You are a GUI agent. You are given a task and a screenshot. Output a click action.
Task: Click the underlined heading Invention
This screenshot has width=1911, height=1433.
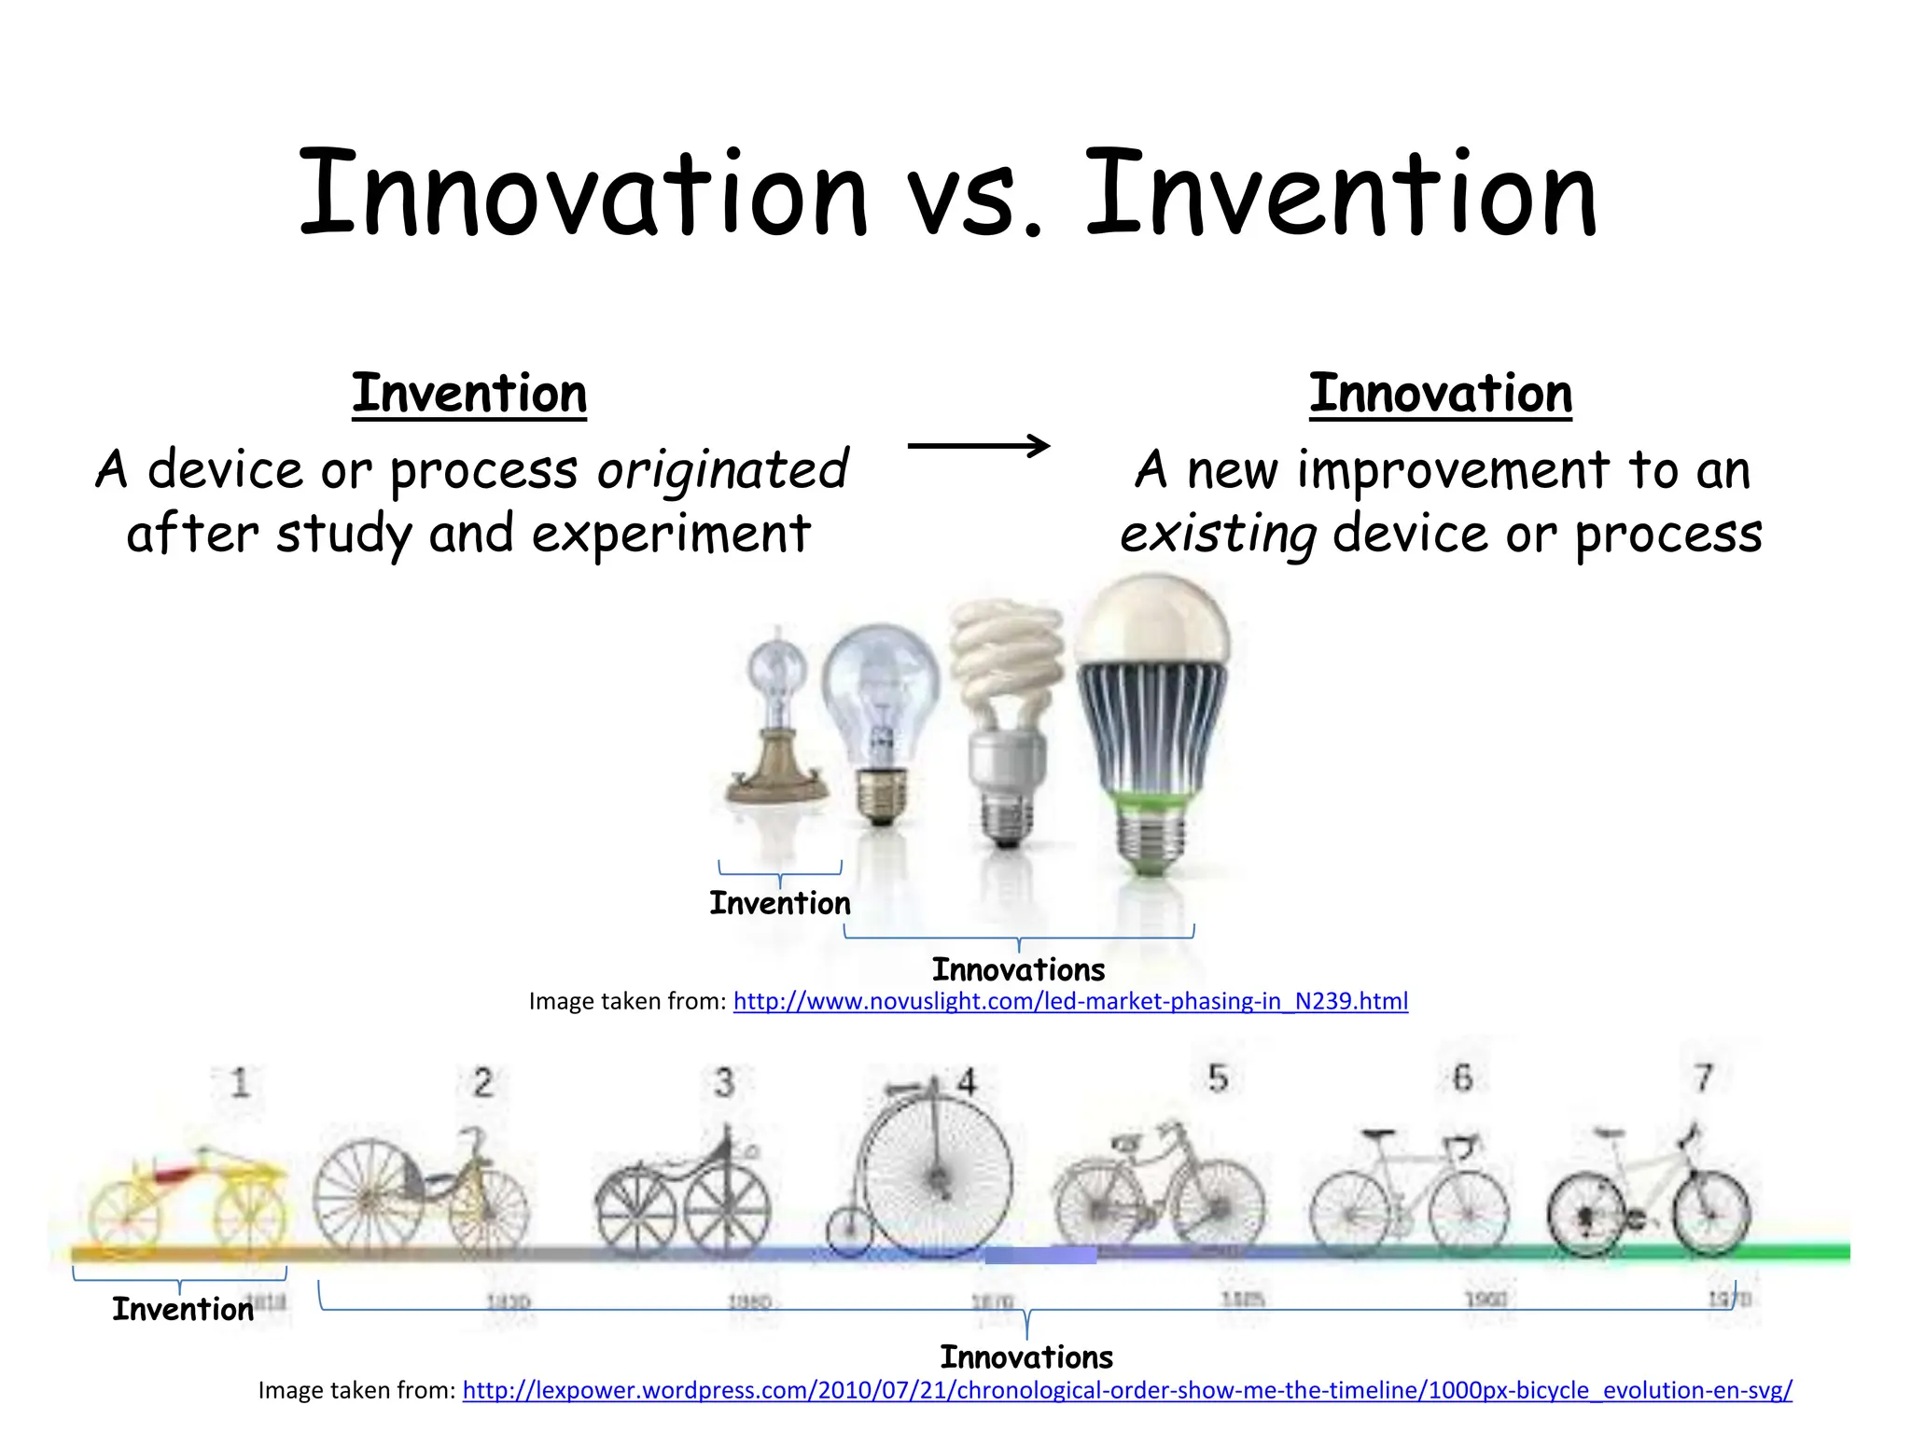click(469, 394)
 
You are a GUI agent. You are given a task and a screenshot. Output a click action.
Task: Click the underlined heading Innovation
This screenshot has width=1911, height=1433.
click(1440, 394)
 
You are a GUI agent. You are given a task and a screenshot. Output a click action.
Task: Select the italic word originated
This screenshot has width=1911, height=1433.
click(722, 469)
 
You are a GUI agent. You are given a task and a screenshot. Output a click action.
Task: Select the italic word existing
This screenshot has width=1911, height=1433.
click(1218, 535)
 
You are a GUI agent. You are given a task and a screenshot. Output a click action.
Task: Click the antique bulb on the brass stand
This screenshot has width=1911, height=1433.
click(777, 718)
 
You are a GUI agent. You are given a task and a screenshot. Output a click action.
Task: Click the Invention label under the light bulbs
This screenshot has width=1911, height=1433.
click(780, 903)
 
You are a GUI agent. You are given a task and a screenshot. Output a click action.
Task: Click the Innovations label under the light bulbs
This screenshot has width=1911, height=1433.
click(1018, 970)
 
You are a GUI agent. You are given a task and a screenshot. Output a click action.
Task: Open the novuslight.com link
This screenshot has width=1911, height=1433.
click(1070, 1001)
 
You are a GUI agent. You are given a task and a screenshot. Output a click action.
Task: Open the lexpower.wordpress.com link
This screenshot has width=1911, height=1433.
click(1127, 1390)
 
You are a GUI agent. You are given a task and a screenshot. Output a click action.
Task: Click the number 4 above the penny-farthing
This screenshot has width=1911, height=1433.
click(967, 1082)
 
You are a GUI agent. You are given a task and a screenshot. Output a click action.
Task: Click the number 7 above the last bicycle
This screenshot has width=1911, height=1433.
click(1703, 1078)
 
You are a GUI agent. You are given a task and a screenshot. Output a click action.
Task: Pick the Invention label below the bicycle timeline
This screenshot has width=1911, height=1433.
click(183, 1310)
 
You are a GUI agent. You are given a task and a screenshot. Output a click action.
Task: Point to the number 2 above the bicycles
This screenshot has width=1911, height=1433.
click(482, 1083)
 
